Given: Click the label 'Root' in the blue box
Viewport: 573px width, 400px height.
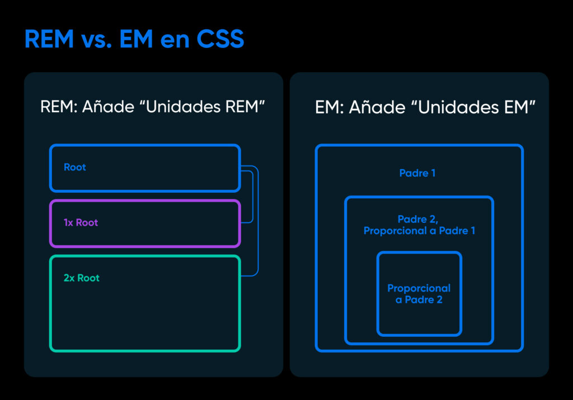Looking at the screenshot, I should click(x=75, y=167).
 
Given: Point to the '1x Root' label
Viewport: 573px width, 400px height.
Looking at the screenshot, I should click(x=81, y=222).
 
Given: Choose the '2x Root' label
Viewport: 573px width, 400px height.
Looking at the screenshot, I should click(x=82, y=278).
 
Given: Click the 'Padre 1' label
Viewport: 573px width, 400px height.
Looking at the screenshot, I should click(x=417, y=173).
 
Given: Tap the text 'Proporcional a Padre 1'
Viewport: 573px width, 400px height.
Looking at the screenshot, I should click(x=419, y=231).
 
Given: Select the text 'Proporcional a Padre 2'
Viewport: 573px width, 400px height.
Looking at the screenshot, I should click(x=419, y=294).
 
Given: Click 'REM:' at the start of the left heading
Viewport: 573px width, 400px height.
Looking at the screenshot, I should click(x=59, y=107).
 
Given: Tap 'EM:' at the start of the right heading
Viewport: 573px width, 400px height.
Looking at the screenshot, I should click(x=329, y=107).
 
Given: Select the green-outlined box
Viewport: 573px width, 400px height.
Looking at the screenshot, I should click(x=145, y=318).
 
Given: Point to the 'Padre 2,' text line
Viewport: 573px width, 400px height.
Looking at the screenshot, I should click(x=419, y=219).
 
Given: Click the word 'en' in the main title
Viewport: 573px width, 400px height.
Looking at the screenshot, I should click(x=166, y=40).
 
